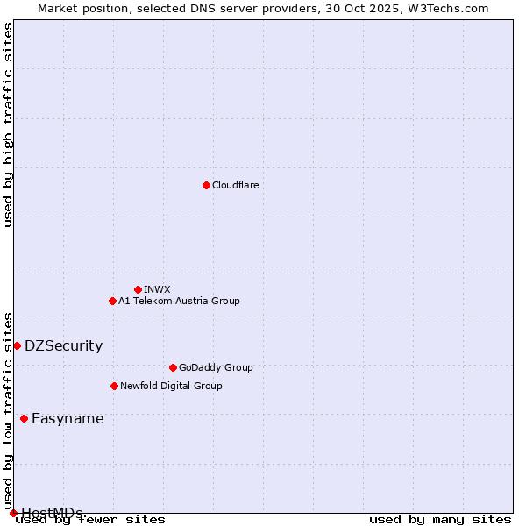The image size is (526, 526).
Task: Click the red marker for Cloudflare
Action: [206, 185]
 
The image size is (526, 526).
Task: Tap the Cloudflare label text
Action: [235, 185]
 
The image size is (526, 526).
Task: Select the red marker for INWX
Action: [138, 289]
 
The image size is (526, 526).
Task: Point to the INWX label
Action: [157, 289]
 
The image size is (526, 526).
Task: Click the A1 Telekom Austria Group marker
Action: [112, 301]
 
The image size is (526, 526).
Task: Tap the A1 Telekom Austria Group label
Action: [179, 301]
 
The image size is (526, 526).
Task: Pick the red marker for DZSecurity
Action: [17, 345]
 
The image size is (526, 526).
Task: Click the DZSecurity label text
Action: [63, 345]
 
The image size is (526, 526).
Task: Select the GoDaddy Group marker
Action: [173, 367]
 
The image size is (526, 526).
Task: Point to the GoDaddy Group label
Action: [216, 367]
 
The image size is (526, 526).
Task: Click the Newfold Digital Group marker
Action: [114, 386]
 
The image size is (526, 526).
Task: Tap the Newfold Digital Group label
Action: [171, 386]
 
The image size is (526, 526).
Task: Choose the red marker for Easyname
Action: [24, 418]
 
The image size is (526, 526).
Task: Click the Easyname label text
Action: [68, 418]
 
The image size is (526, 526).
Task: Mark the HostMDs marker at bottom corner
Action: [13, 513]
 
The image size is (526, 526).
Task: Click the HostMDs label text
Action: [52, 512]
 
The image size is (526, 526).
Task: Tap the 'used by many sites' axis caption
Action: [440, 519]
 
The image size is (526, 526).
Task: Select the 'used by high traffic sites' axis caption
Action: [8, 124]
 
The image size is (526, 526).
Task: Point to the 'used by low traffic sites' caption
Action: [8, 405]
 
